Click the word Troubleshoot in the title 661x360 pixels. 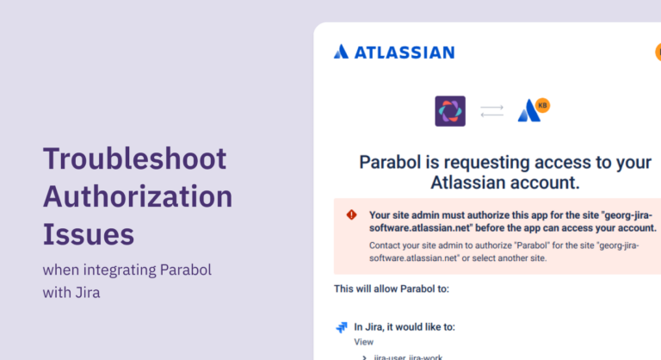135,158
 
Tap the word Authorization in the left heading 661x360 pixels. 138,196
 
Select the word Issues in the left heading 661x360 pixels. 89,233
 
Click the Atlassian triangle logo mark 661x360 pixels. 342,52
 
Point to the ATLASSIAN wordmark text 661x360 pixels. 405,52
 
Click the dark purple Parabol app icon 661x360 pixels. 450,111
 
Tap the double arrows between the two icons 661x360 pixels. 491,111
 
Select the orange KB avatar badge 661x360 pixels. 542,105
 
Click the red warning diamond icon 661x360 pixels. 351,214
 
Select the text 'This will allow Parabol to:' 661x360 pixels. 392,289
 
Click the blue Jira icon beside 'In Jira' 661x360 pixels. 342,327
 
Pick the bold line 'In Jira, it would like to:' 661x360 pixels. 405,327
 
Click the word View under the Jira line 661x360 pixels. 364,342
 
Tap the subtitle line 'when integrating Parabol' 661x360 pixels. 127,270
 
